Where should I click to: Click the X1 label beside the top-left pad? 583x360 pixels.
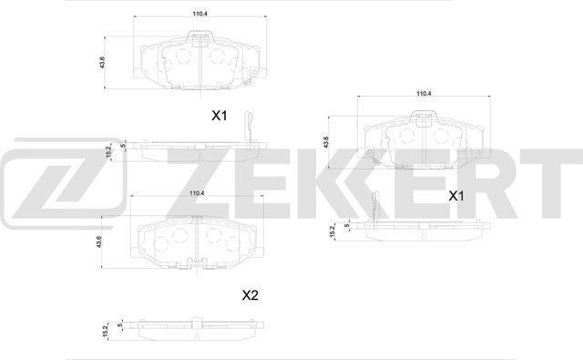point(219,116)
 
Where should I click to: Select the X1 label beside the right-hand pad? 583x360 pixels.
point(455,195)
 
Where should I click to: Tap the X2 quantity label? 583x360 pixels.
point(250,294)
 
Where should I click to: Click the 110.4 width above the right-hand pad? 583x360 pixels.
point(424,94)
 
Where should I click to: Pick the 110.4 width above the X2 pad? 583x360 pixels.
point(195,193)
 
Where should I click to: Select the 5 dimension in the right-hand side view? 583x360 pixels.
point(347,223)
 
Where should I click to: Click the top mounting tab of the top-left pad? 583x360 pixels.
point(200,39)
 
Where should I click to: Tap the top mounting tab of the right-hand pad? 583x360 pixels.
point(424,118)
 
